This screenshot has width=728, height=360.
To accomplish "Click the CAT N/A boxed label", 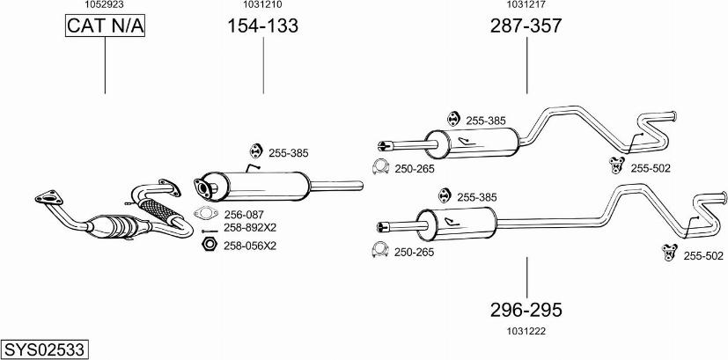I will click(105, 27).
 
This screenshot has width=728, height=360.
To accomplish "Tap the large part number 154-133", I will click(263, 26).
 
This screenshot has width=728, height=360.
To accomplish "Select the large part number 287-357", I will click(526, 26).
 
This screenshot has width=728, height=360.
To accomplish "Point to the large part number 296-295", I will click(526, 310).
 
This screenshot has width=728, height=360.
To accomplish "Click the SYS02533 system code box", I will click(44, 349).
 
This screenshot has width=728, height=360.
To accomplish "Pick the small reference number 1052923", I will click(104, 4).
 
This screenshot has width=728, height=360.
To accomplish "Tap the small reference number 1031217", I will click(526, 4).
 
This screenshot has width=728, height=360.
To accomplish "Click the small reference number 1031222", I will click(526, 330).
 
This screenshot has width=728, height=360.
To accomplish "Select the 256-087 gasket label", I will click(244, 214).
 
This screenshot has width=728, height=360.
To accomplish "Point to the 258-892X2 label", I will click(250, 226).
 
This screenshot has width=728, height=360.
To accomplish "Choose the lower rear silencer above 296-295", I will click(456, 223).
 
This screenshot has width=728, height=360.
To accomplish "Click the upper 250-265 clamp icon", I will click(380, 168).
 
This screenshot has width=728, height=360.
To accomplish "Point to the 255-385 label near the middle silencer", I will click(289, 152).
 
